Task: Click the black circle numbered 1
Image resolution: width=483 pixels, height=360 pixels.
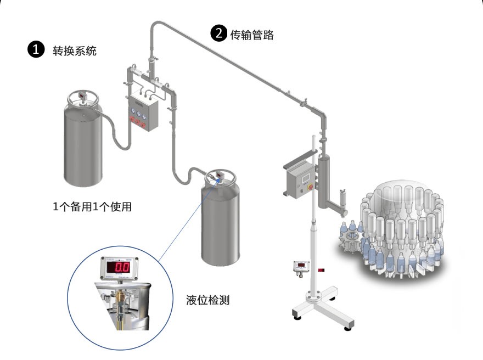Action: tap(36, 50)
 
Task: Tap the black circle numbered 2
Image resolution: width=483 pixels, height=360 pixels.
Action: tap(218, 33)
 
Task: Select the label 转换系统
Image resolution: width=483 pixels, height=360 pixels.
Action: tap(75, 50)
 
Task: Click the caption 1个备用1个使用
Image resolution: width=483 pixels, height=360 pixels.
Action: tap(92, 207)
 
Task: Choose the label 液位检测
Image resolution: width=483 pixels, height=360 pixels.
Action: tap(208, 300)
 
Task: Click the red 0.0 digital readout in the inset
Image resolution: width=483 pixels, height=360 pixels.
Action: tap(121, 268)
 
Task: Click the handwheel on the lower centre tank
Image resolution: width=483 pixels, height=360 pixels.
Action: tap(219, 178)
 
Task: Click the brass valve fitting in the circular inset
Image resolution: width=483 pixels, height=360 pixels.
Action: tap(120, 297)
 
